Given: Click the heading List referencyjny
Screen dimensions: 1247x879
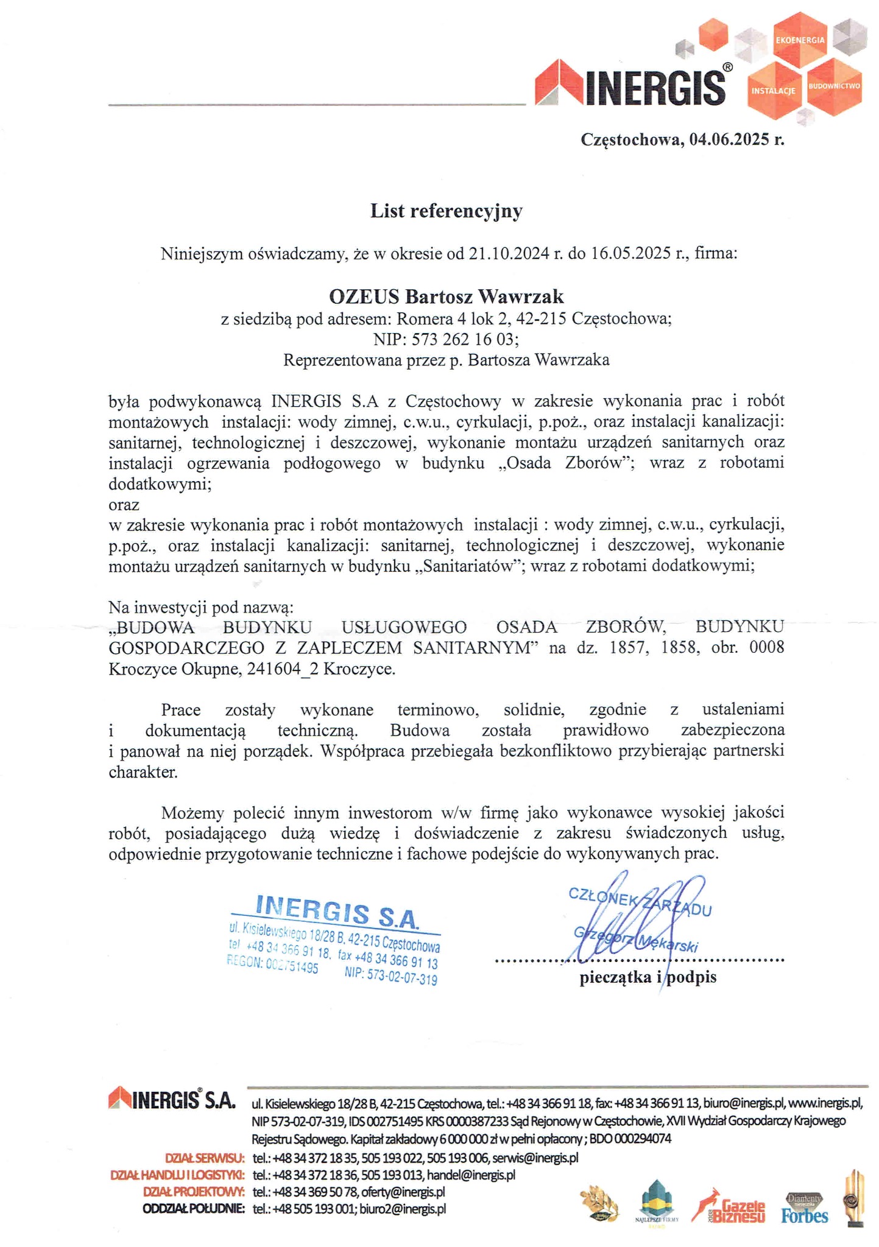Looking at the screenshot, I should click(x=446, y=211).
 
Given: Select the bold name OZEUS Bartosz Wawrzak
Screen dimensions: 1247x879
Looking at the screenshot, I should click(x=446, y=297).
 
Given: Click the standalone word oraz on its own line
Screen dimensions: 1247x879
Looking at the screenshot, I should click(x=124, y=505).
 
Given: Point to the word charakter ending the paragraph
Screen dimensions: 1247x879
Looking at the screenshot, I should click(x=143, y=773).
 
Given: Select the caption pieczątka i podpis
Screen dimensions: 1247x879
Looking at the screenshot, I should click(x=648, y=977).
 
